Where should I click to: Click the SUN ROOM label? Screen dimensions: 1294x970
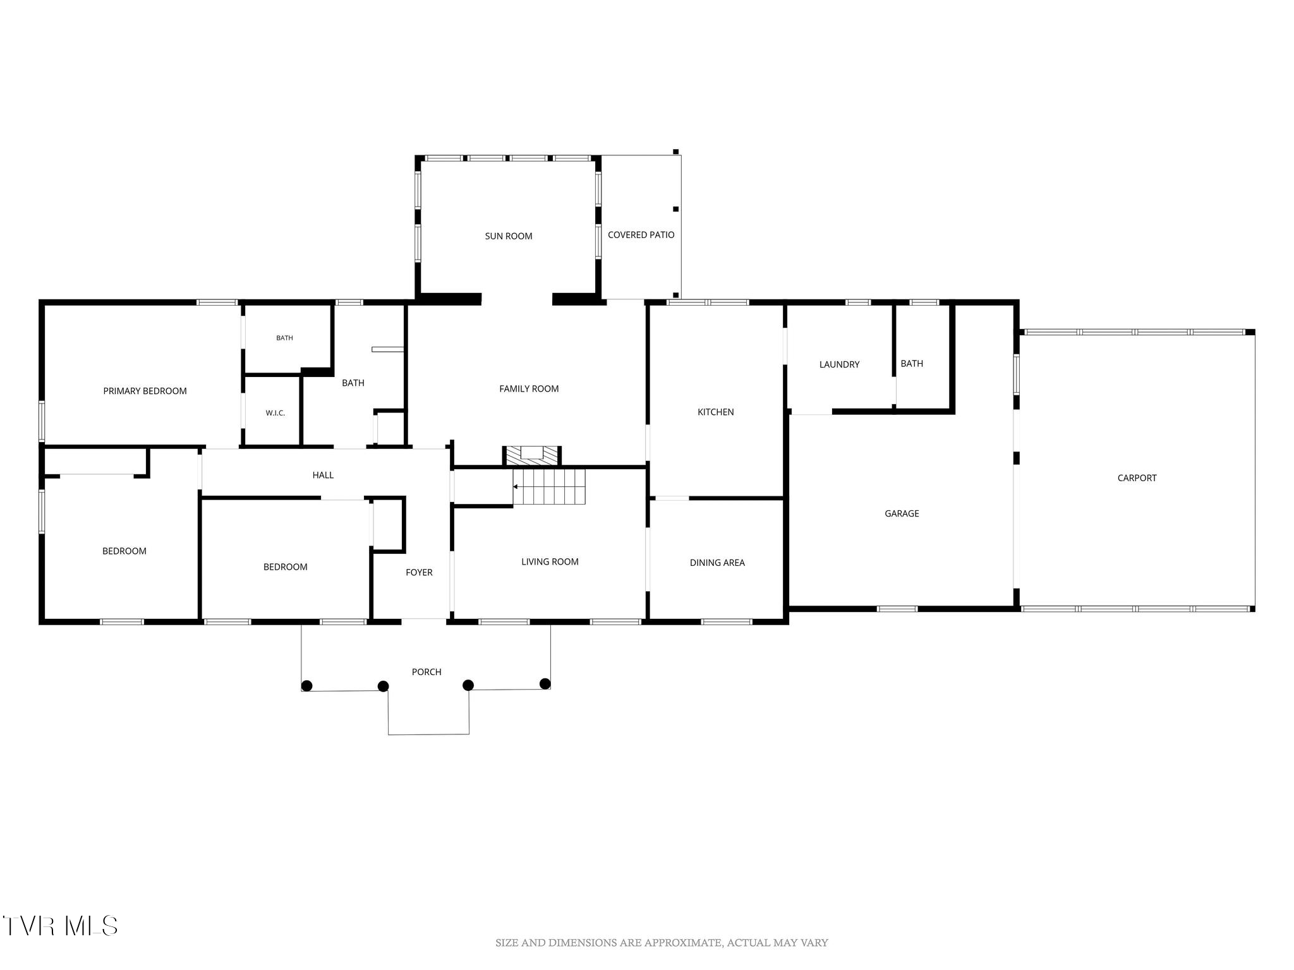(x=509, y=236)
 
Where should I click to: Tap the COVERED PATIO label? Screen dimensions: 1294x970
(x=641, y=235)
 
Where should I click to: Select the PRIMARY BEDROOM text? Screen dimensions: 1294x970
(x=145, y=391)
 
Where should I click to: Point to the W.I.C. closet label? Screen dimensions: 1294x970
(x=275, y=413)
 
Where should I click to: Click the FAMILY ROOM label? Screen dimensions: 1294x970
(x=529, y=389)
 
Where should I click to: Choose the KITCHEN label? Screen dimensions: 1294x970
(x=715, y=412)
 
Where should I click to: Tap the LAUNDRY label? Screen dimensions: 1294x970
(x=839, y=364)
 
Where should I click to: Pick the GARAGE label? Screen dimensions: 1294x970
(x=902, y=514)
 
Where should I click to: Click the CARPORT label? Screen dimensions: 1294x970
(x=1137, y=478)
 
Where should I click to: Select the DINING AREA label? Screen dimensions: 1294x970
(x=717, y=563)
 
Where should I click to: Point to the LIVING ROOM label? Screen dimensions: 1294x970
(x=550, y=562)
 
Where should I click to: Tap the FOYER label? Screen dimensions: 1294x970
(x=419, y=573)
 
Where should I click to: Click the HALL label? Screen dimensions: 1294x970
(x=323, y=476)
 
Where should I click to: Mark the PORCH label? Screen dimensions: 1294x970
(x=426, y=672)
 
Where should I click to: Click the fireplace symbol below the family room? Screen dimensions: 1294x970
(x=532, y=456)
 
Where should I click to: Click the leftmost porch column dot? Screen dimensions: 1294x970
(x=306, y=686)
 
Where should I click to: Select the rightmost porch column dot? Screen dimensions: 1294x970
(x=545, y=683)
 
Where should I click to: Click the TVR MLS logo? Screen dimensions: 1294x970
(x=59, y=926)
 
